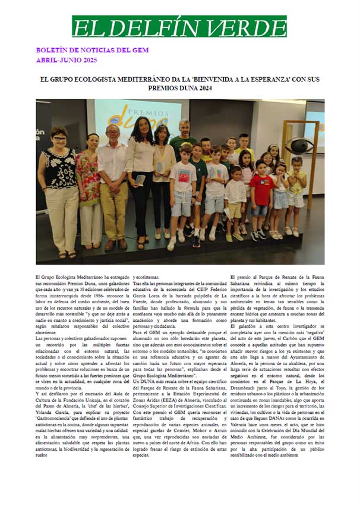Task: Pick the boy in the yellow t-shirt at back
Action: [x=244, y=146]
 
